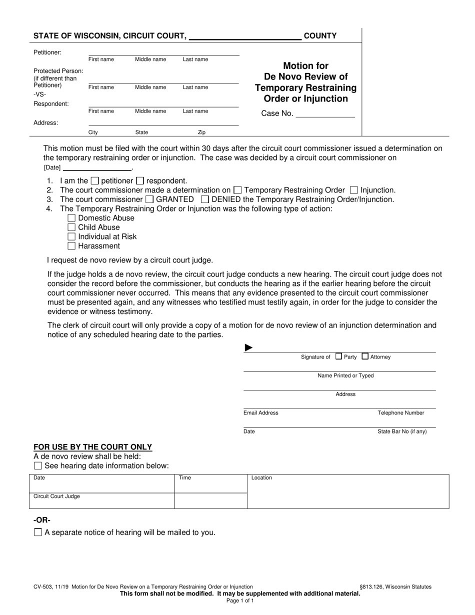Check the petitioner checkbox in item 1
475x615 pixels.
tap(95, 180)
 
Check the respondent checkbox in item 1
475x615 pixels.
tap(140, 180)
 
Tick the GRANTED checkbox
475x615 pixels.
tap(149, 199)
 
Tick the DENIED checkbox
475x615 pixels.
tap(204, 199)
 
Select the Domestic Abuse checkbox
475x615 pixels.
tap(71, 218)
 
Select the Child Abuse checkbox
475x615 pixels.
tap(71, 227)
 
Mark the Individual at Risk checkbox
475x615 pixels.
tap(71, 236)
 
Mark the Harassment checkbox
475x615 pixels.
tap(71, 245)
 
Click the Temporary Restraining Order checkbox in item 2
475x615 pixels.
tap(237, 190)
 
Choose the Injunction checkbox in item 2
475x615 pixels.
tap(354, 190)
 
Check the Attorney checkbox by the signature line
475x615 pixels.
tap(365, 356)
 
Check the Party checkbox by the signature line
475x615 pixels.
tap(338, 356)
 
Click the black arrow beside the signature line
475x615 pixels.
tap(248, 348)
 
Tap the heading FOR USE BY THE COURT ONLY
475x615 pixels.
tap(92, 447)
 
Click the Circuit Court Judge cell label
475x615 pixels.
tap(56, 496)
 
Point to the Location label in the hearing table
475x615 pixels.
tap(261, 478)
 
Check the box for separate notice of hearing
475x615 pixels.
tap(38, 532)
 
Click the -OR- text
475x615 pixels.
tap(42, 520)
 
